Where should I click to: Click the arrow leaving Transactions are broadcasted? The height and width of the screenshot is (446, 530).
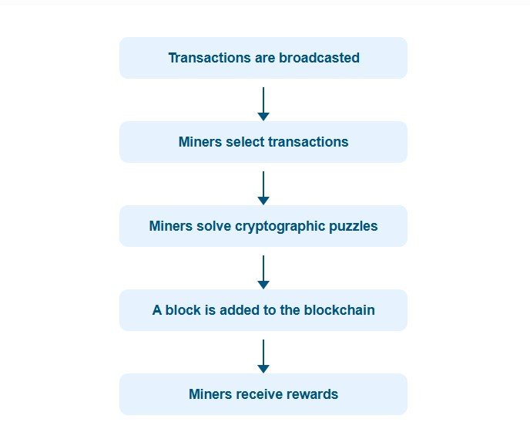click(x=263, y=103)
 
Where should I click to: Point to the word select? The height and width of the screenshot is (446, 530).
click(x=246, y=142)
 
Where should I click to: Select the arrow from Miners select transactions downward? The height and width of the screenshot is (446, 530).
click(x=263, y=188)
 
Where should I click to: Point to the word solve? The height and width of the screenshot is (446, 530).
click(x=216, y=226)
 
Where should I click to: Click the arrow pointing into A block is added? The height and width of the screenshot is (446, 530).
click(x=263, y=272)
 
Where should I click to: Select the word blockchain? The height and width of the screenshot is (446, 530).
click(x=338, y=310)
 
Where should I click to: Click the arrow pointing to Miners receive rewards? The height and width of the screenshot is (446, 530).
click(x=263, y=356)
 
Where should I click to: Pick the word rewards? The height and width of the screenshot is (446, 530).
click(x=312, y=394)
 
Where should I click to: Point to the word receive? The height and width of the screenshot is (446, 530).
click(x=257, y=394)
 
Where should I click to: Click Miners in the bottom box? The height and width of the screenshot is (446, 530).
click(x=210, y=394)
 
